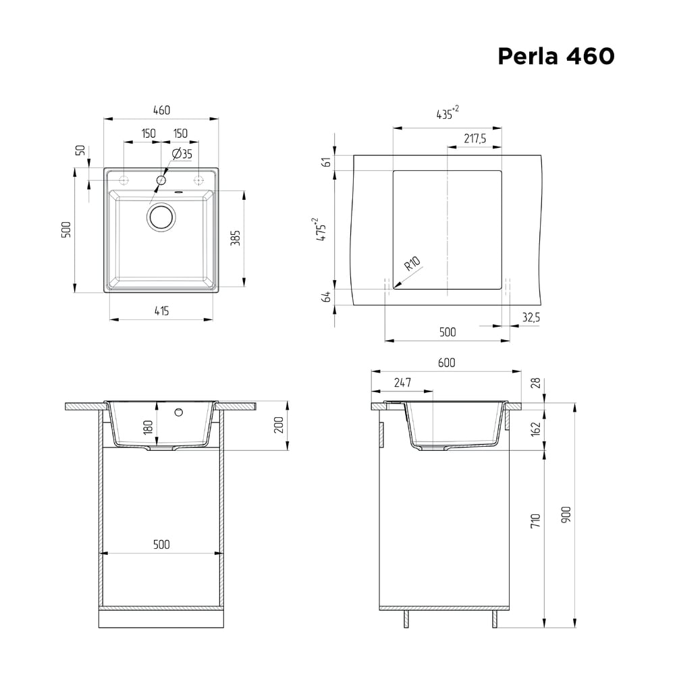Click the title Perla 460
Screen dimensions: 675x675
click(556, 56)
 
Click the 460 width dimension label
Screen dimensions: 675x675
click(161, 110)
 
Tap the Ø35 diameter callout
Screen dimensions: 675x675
click(182, 154)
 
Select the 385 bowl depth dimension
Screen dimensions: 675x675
click(236, 238)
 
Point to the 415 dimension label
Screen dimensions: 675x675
click(161, 310)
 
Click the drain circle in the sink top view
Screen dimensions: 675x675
click(161, 217)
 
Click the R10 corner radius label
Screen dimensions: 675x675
click(412, 263)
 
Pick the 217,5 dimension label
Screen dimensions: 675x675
click(475, 138)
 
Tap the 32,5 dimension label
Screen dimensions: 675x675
click(531, 317)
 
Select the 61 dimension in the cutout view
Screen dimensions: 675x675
click(327, 162)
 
